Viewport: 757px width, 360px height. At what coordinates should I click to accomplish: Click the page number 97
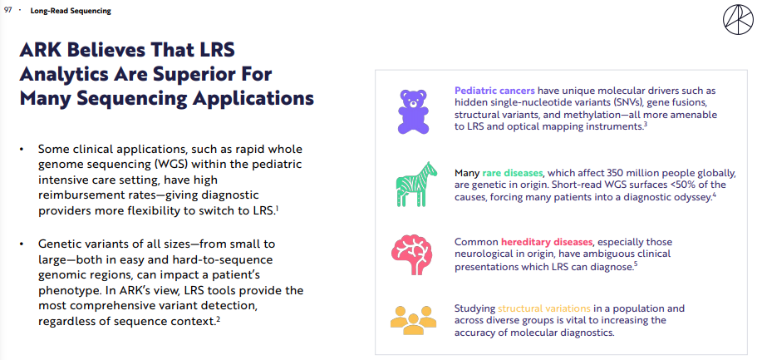coord(7,11)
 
